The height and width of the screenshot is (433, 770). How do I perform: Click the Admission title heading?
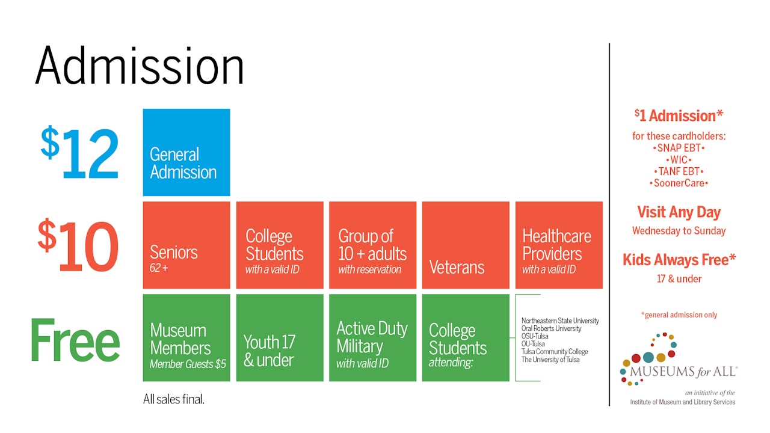point(140,66)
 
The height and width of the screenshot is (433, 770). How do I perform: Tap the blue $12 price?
point(80,152)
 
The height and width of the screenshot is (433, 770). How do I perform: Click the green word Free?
point(75,340)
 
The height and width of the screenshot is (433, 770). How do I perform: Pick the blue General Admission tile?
point(186,152)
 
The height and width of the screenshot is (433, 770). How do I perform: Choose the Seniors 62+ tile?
point(186,245)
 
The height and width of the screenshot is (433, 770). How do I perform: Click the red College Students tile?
point(280,245)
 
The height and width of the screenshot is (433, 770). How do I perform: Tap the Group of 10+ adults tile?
point(372,245)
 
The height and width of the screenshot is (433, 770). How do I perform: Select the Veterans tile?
point(466,245)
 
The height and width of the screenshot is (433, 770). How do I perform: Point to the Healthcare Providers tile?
point(559,245)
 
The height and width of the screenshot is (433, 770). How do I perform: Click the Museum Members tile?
point(186,338)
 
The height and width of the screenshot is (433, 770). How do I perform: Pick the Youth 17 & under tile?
point(280,338)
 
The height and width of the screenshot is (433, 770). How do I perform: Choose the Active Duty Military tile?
point(372,338)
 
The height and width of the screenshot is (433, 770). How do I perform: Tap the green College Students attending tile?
point(466,338)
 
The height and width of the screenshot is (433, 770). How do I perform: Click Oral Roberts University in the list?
point(552,328)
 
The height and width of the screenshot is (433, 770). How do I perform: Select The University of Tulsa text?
point(550,360)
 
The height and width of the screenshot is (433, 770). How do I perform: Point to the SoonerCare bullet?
point(679,183)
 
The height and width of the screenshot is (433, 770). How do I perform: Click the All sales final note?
point(174,399)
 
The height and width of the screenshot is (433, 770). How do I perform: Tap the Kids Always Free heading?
point(679,260)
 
